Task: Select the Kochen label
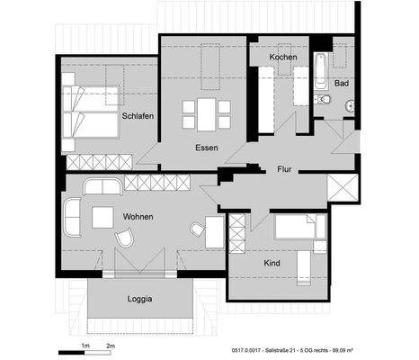coord(282,57)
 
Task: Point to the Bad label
coord(341,83)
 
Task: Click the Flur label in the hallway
coord(284,168)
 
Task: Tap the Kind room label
coord(272,264)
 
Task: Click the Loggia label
coord(138,297)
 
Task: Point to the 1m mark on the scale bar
coord(85,346)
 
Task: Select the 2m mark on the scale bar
coord(111,346)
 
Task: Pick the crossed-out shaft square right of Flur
coord(343,190)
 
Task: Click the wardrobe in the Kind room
coord(237,233)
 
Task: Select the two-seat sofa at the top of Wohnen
coord(103,186)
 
